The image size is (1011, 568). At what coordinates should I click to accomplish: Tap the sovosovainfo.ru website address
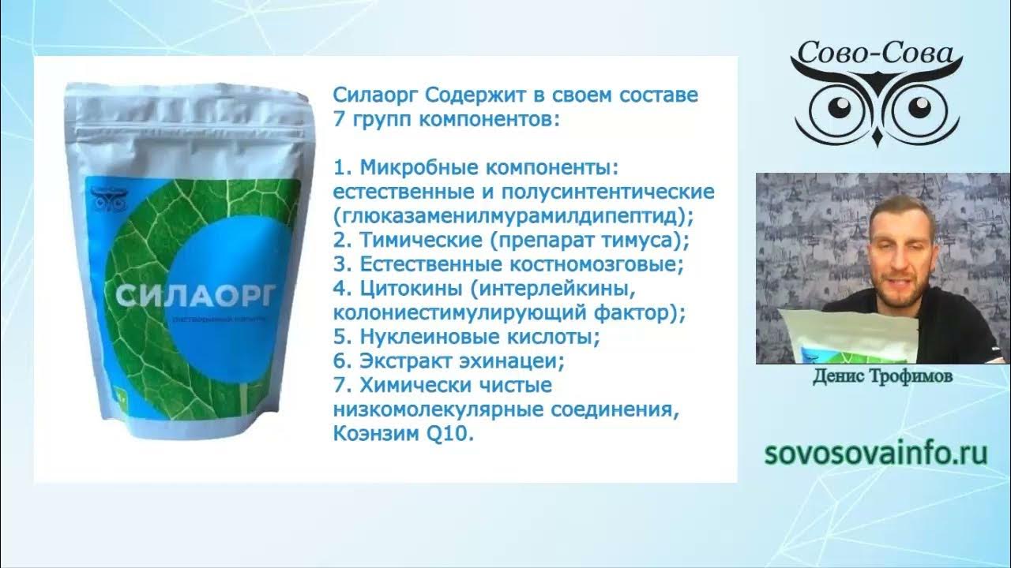point(877,454)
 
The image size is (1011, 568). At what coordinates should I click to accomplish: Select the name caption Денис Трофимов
point(882,378)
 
